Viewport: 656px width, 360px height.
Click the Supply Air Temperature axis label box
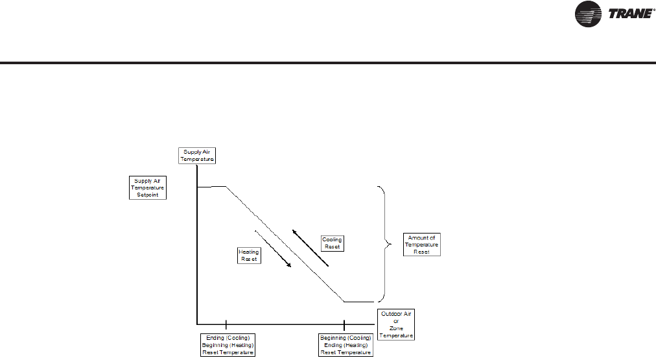pos(196,155)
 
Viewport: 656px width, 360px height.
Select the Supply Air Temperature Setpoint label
pos(148,187)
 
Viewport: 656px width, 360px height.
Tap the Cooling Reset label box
pos(332,243)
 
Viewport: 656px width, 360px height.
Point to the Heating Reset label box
pos(248,254)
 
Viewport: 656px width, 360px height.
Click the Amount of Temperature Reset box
pos(421,244)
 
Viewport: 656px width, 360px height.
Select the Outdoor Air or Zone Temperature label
pos(395,324)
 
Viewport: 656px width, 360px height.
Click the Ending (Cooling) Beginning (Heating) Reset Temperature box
pos(226,344)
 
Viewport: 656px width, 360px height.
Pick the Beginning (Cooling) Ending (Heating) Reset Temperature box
pos(346,344)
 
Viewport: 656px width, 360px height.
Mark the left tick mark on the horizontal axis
pos(226,323)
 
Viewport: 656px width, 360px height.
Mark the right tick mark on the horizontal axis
pos(344,323)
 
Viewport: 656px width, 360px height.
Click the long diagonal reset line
pos(285,244)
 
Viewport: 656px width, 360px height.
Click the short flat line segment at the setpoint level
pos(211,187)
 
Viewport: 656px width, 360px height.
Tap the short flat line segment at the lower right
pos(358,302)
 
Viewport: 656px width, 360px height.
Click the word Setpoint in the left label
pos(148,193)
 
